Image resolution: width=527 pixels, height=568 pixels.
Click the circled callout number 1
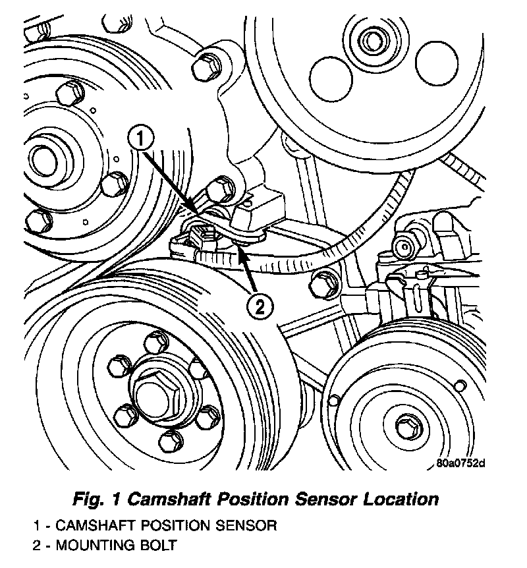142,138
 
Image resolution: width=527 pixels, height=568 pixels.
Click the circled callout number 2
260,306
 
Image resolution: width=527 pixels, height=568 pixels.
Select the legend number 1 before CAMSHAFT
38,526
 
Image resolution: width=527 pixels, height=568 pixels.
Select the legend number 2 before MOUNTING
38,546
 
